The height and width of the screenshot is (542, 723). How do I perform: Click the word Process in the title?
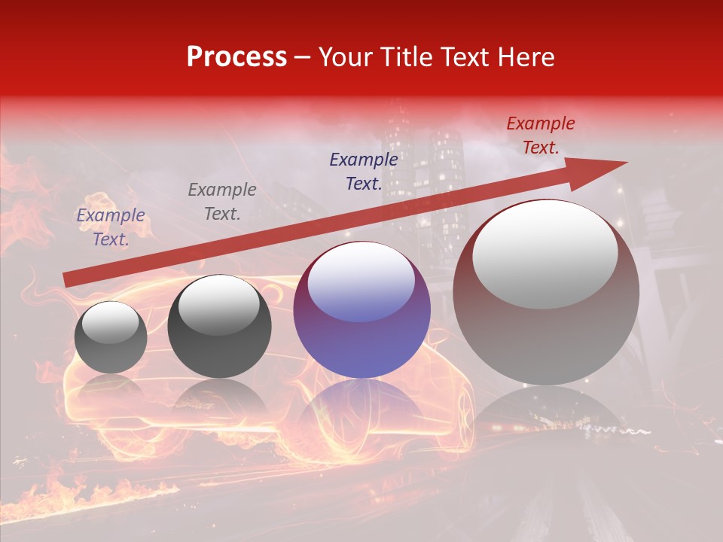click(236, 57)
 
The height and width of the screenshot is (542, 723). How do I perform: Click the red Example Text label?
click(540, 135)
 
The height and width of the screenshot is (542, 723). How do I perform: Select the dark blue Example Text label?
click(364, 172)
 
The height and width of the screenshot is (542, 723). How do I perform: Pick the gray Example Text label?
click(222, 202)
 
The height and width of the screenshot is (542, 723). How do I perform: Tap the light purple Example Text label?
click(111, 227)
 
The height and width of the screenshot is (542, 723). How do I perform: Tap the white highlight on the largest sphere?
click(545, 254)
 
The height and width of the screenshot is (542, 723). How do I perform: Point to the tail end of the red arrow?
click(68, 280)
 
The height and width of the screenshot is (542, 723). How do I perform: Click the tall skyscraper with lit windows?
click(444, 188)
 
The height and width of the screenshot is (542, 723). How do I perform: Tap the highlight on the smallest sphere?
click(111, 323)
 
